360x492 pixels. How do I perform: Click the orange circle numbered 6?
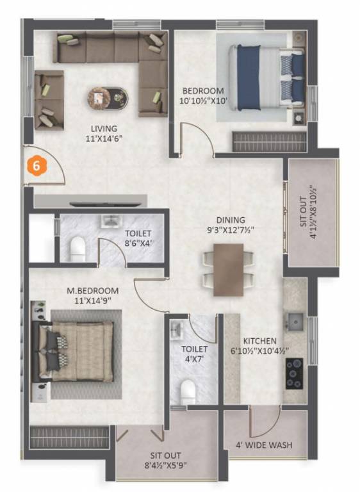[x=37, y=165]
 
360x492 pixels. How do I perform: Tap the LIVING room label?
[x=104, y=128]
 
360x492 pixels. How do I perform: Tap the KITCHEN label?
[x=259, y=341]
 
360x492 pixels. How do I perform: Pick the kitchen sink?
[x=295, y=318]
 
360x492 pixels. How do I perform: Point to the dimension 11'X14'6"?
[x=104, y=138]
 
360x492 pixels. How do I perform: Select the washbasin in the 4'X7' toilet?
[x=177, y=330]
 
